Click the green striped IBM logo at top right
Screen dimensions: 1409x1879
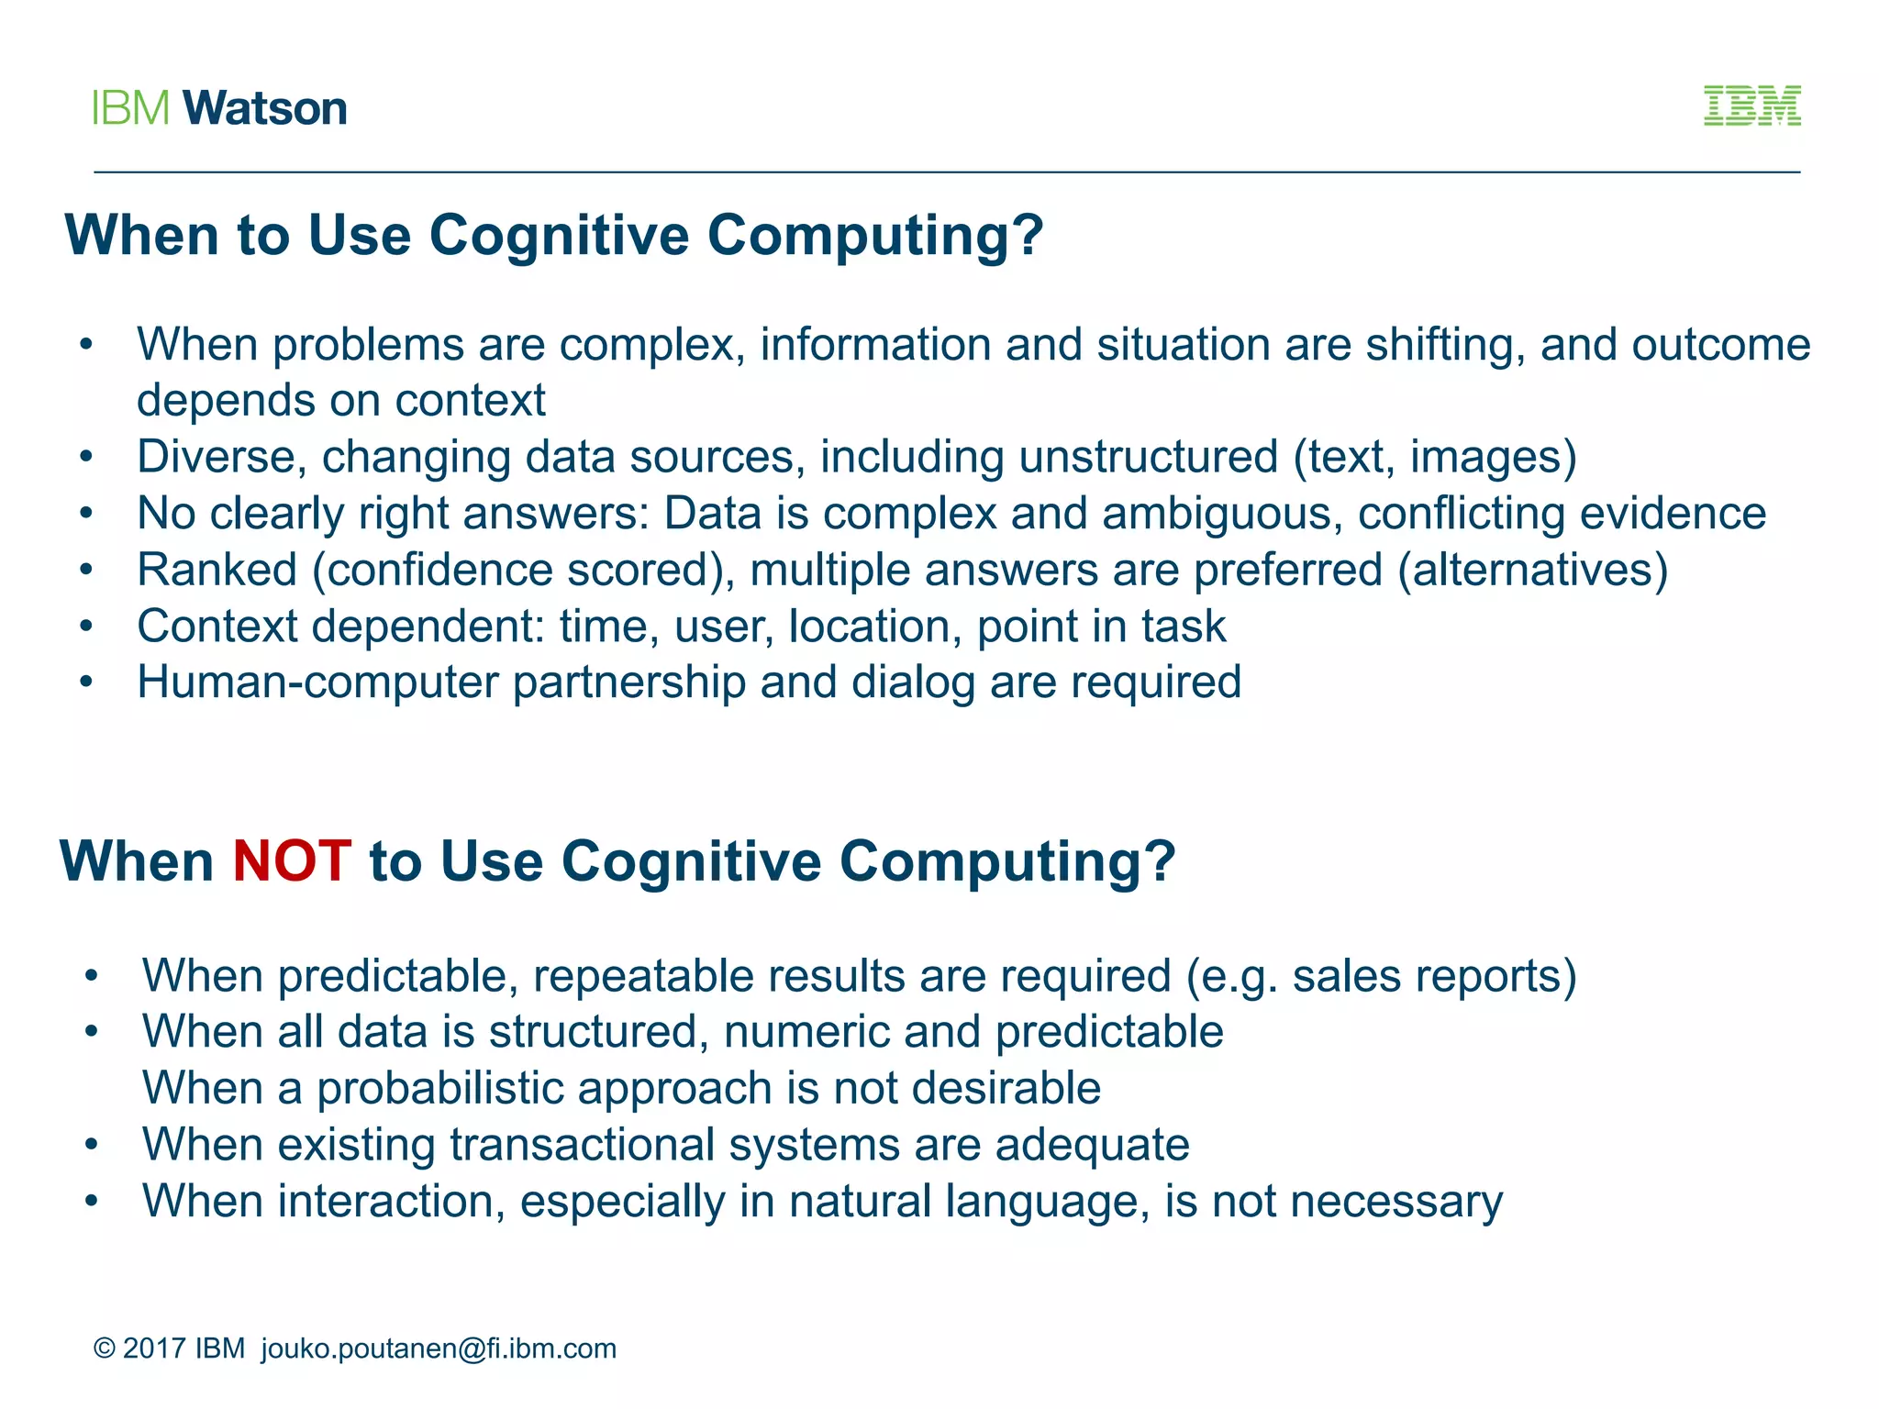(x=1751, y=105)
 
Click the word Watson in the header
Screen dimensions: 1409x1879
(x=265, y=108)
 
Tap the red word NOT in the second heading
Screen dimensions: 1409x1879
(x=292, y=861)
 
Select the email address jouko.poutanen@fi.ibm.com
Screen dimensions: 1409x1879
(x=439, y=1348)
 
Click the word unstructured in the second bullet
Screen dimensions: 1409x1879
(x=1148, y=457)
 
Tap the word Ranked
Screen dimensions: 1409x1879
(x=217, y=570)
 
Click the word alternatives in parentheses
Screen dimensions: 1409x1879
(x=1532, y=570)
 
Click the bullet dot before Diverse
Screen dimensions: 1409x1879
(x=86, y=457)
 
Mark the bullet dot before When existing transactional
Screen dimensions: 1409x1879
(x=91, y=1145)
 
